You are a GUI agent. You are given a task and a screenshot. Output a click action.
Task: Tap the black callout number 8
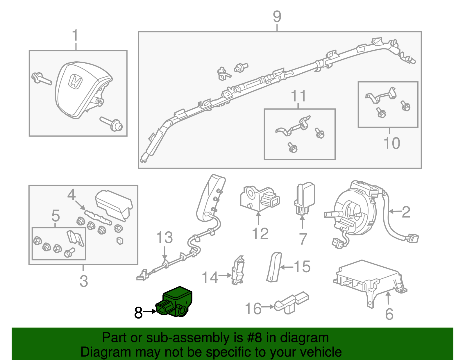(x=139, y=313)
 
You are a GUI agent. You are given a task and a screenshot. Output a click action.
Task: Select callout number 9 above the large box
(x=277, y=17)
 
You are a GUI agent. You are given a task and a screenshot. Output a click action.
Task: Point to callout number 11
(x=298, y=96)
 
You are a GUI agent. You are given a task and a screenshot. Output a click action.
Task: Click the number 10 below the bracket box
(x=392, y=143)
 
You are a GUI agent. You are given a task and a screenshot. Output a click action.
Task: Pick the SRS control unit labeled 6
(x=369, y=280)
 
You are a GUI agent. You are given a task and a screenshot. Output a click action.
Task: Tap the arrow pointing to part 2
(x=394, y=211)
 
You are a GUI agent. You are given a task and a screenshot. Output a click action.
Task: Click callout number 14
(x=210, y=277)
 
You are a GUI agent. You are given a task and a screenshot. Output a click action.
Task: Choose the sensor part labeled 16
(x=291, y=302)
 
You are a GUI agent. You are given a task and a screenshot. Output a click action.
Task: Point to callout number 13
(x=164, y=238)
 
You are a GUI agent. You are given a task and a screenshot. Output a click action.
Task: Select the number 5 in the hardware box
(x=56, y=216)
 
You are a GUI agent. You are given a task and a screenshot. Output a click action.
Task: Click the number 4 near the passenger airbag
(x=71, y=195)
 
